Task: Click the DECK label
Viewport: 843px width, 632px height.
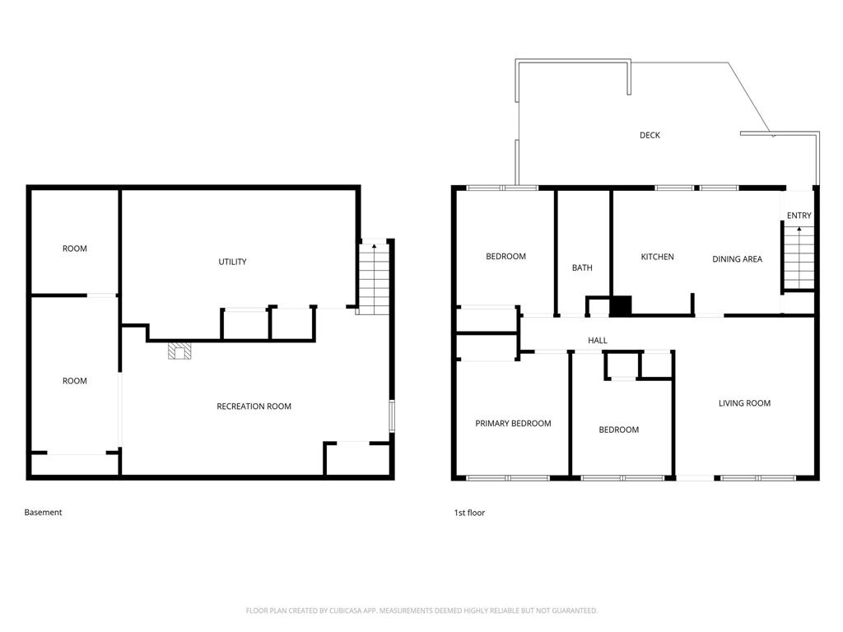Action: coord(650,136)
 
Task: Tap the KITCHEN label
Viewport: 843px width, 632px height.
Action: coord(657,257)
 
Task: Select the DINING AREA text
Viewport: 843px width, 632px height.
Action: coord(737,259)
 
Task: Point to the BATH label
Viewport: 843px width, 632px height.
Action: coord(582,267)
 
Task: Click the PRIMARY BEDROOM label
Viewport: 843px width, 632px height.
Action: coord(513,424)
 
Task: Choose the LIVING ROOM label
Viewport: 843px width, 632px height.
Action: coord(744,403)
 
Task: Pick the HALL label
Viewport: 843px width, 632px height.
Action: coord(598,340)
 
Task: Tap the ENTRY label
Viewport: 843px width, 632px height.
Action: coord(799,216)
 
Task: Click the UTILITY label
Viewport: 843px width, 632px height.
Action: coord(232,262)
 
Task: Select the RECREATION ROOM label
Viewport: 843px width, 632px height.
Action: coord(254,407)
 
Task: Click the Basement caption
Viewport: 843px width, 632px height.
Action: coord(43,512)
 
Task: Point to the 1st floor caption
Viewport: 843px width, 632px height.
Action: coord(469,513)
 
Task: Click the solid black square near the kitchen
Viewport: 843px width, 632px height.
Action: coord(621,306)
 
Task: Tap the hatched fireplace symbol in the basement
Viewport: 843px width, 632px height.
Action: coord(179,351)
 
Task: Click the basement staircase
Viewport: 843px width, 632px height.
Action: coord(375,279)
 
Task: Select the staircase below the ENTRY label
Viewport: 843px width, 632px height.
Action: coord(799,258)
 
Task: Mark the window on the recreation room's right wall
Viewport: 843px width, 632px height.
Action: coord(392,416)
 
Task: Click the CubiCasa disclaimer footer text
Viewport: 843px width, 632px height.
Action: coord(421,611)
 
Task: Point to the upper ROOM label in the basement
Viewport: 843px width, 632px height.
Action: coord(74,249)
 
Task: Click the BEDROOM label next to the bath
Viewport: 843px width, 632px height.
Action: coord(506,257)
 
